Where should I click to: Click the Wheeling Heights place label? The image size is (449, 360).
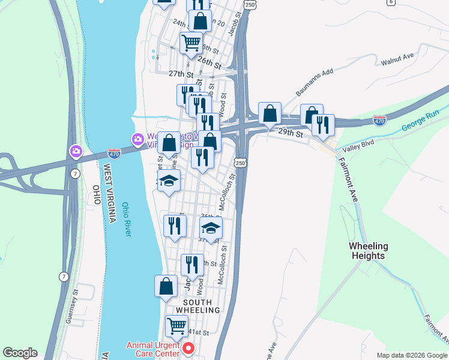tap(369, 251)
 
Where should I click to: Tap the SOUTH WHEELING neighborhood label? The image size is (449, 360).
tap(197, 305)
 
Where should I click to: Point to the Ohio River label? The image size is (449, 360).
tap(126, 219)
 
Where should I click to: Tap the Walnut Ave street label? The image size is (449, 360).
tap(397, 59)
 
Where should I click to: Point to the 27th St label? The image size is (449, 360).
tap(181, 74)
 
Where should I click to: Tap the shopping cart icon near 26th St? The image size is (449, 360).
tap(191, 43)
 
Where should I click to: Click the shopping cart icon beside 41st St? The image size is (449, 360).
tap(176, 326)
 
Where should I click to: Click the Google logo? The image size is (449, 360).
tap(20, 353)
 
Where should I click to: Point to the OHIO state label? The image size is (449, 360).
tap(96, 196)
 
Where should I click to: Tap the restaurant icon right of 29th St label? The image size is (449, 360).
tap(323, 125)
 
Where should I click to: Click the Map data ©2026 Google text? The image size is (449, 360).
tap(412, 355)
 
